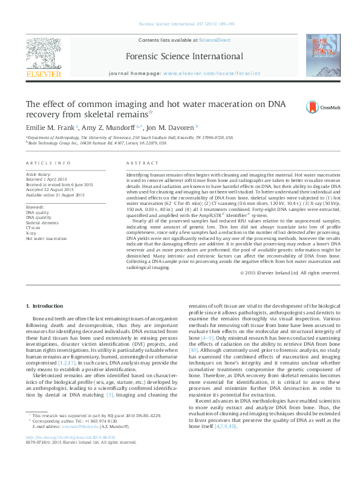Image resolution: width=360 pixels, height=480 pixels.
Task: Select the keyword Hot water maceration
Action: (46, 239)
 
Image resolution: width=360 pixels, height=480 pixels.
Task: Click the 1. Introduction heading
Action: (42, 307)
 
